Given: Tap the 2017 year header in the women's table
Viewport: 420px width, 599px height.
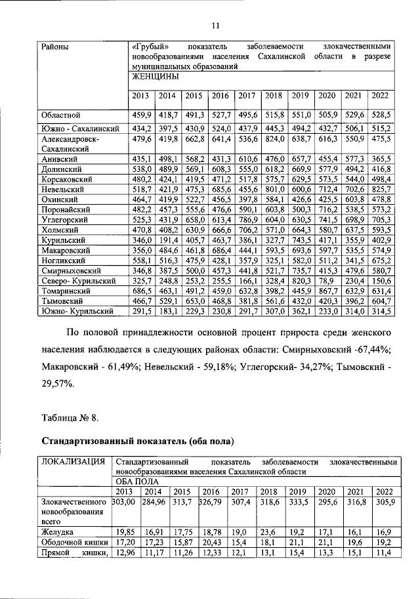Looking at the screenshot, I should click(247, 95).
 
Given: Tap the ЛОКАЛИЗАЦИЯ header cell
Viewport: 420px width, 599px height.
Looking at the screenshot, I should click(73, 462).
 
